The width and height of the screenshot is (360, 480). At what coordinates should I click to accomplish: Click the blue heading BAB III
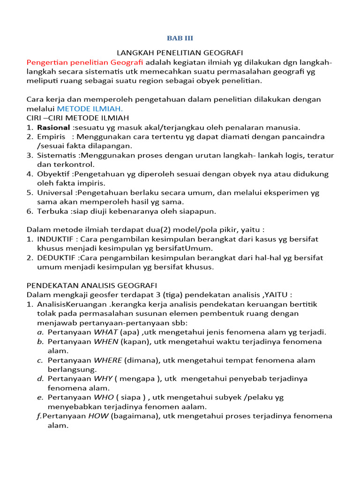(180, 37)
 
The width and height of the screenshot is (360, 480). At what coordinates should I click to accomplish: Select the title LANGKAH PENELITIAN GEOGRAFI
(180, 53)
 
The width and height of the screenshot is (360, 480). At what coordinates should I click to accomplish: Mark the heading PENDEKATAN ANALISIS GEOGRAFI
(92, 285)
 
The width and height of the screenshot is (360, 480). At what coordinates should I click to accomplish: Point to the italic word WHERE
(108, 360)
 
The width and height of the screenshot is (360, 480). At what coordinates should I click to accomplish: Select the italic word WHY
(103, 378)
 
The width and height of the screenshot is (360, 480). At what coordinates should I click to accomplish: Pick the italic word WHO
(104, 397)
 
